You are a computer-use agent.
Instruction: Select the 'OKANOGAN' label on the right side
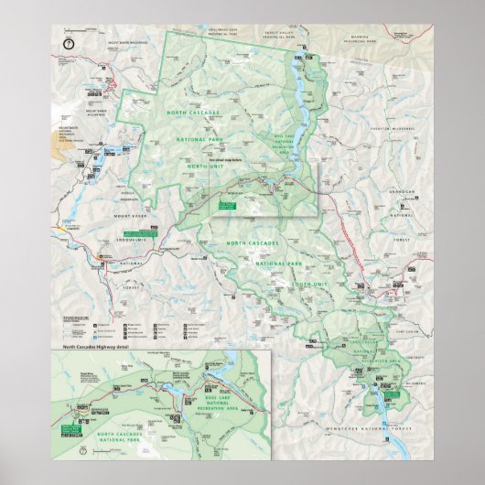tap(402, 191)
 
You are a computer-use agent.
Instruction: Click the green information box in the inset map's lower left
tap(72, 427)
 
